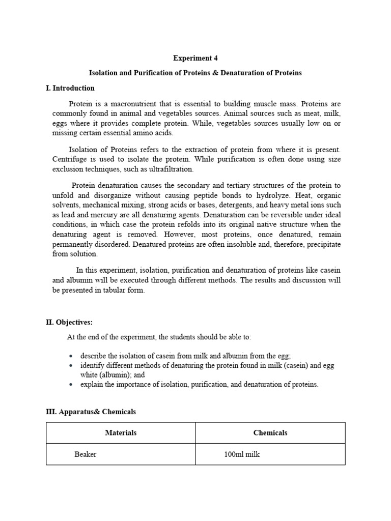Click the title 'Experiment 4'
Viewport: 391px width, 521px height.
click(195, 58)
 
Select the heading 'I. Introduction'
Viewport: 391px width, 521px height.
click(70, 88)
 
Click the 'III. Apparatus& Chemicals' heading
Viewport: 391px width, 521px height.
click(91, 412)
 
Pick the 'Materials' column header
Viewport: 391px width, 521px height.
click(121, 433)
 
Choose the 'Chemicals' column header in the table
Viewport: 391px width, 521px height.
click(270, 433)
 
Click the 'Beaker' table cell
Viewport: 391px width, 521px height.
click(85, 454)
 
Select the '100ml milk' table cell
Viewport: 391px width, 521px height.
click(242, 454)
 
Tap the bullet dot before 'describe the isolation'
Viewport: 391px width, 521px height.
click(70, 356)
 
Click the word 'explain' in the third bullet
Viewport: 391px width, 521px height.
click(91, 385)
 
